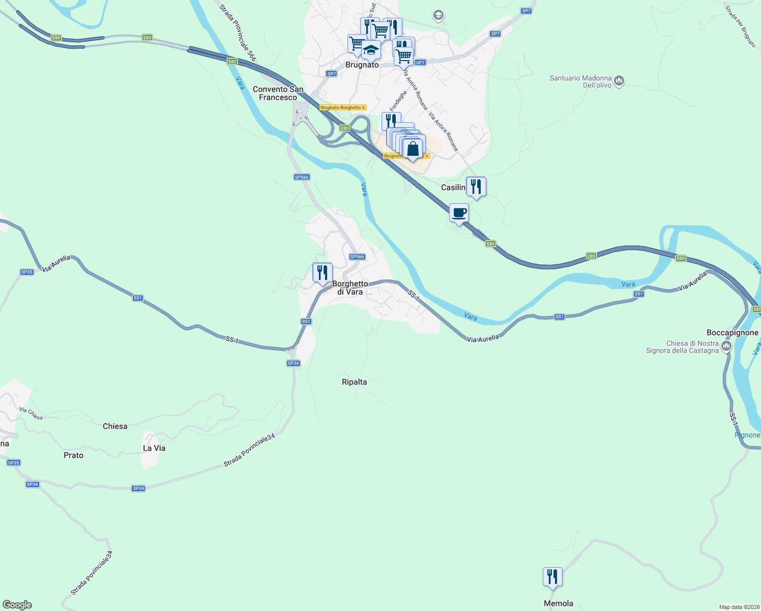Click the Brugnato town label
362,65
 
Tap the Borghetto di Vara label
350,288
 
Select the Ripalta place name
354,382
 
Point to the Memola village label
558,603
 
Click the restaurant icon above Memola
552,577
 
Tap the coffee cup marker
459,213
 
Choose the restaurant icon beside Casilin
476,186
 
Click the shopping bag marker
413,149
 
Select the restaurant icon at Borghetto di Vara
322,273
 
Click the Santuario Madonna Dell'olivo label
580,81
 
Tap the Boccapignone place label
732,332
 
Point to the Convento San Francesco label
278,93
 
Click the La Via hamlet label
154,448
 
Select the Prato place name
73,455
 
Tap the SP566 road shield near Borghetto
357,257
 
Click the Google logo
17,604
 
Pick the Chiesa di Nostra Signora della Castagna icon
726,347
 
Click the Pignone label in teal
747,435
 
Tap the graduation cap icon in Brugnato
371,50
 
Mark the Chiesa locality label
115,426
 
